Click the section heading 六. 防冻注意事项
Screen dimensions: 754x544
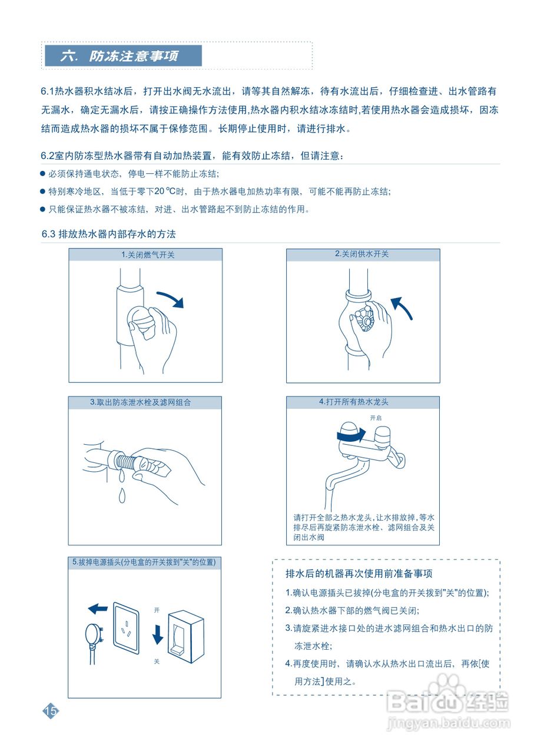pyautogui.click(x=123, y=57)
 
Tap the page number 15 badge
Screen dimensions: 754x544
pyautogui.click(x=51, y=710)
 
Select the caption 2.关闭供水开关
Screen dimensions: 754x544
pyautogui.click(x=362, y=254)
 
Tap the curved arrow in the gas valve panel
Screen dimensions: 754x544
pyautogui.click(x=171, y=298)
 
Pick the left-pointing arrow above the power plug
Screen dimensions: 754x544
pyautogui.click(x=97, y=608)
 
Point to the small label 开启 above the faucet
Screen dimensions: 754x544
pyautogui.click(x=376, y=418)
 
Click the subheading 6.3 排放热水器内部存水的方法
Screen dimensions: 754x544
pyautogui.click(x=109, y=234)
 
